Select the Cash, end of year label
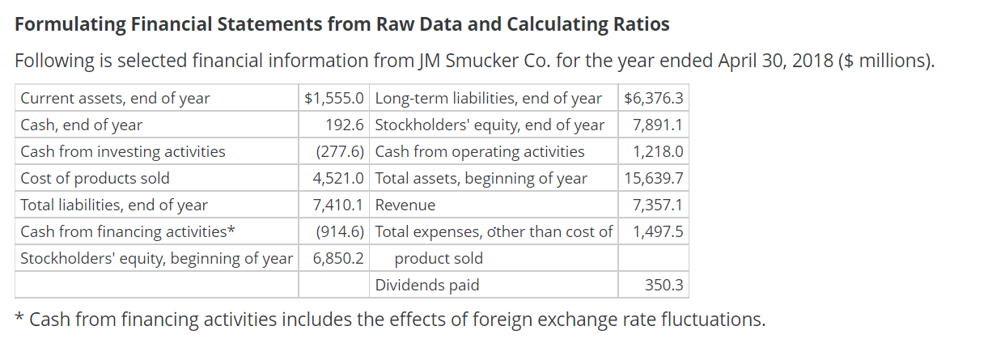point(81,125)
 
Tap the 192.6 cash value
point(345,125)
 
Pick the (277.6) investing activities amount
point(340,152)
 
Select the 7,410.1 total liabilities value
point(339,205)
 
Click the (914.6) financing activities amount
point(340,232)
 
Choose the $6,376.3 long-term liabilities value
point(654,99)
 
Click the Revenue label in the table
point(405,205)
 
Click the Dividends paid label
point(427,285)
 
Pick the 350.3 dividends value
point(664,285)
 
